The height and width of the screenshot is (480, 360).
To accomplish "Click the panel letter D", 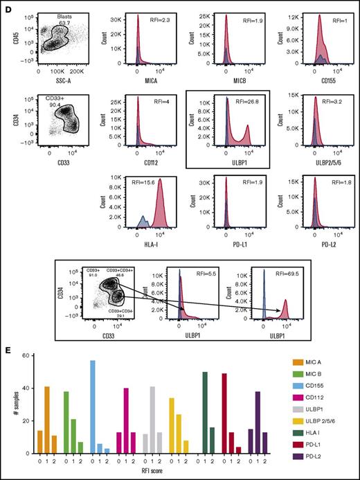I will (6, 6).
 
